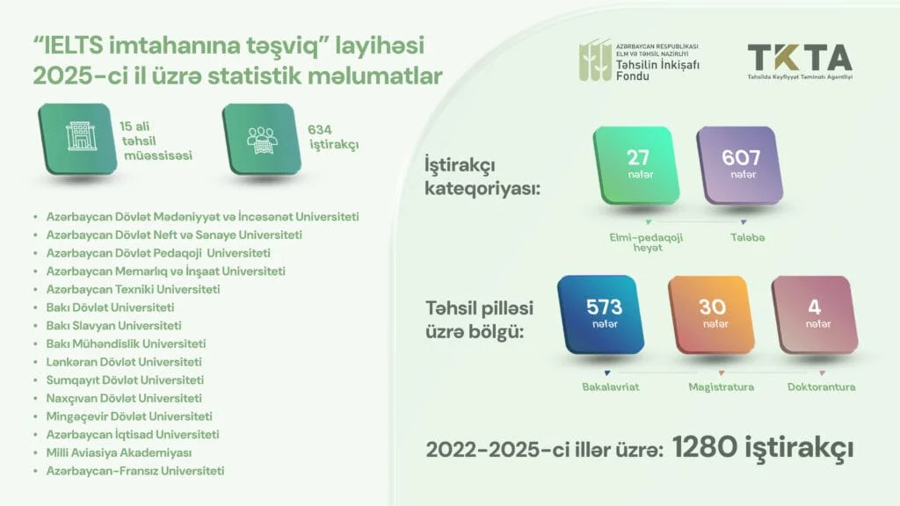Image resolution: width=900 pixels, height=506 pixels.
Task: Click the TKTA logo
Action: click(x=800, y=60)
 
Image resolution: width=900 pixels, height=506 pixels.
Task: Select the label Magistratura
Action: click(x=721, y=387)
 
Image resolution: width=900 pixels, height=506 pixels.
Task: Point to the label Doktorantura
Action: click(x=821, y=387)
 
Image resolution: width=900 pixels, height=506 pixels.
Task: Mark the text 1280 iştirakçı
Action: click(x=763, y=448)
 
